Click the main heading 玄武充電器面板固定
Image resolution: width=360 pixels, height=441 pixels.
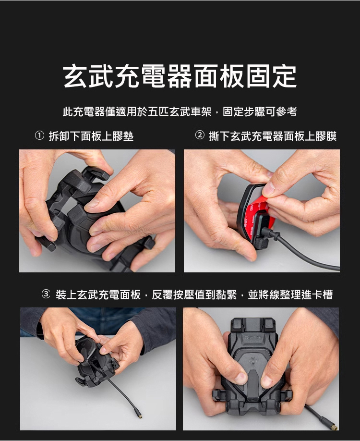pos(180,76)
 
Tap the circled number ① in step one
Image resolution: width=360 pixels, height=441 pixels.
pos(39,135)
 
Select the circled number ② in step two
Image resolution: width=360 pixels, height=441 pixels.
pos(200,135)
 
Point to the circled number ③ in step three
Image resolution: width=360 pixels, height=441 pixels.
pos(46,294)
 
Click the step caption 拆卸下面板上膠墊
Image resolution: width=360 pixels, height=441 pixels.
pos(91,136)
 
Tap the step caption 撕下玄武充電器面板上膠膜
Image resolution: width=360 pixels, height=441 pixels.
pos(273,136)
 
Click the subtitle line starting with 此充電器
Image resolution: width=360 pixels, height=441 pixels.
pos(180,111)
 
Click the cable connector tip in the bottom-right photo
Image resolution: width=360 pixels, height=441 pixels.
pos(335,427)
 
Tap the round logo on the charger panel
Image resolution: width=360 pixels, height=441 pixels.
pos(252,361)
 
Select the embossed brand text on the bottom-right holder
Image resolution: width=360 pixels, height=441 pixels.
pos(253,337)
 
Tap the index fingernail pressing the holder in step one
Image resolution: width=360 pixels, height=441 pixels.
pos(92,203)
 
